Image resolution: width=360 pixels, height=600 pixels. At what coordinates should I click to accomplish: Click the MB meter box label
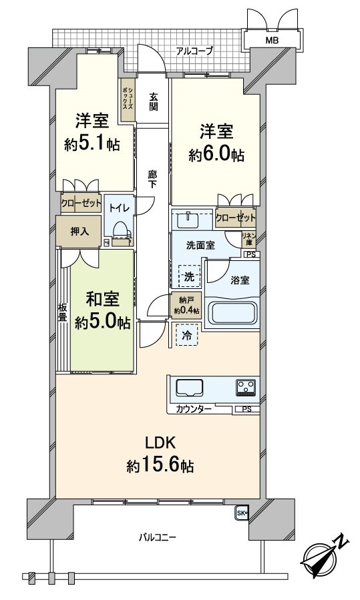point(273,41)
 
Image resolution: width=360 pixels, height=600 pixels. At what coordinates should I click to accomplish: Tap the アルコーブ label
point(194,50)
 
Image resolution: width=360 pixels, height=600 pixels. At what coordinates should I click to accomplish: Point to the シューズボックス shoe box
point(127,99)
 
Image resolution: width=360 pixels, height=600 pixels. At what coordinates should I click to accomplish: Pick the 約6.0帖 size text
point(216,156)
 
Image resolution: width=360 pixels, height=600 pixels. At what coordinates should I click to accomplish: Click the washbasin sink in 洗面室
point(190,219)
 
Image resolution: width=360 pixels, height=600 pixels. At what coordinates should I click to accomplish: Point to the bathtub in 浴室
point(233,312)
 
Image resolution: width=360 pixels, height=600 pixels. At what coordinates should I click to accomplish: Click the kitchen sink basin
point(190,387)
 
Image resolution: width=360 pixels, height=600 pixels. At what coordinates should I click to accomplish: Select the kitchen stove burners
point(244,387)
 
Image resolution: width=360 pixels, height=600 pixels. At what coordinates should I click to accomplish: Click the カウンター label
point(194,408)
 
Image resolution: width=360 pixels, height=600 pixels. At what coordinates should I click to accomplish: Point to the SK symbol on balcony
point(242,513)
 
